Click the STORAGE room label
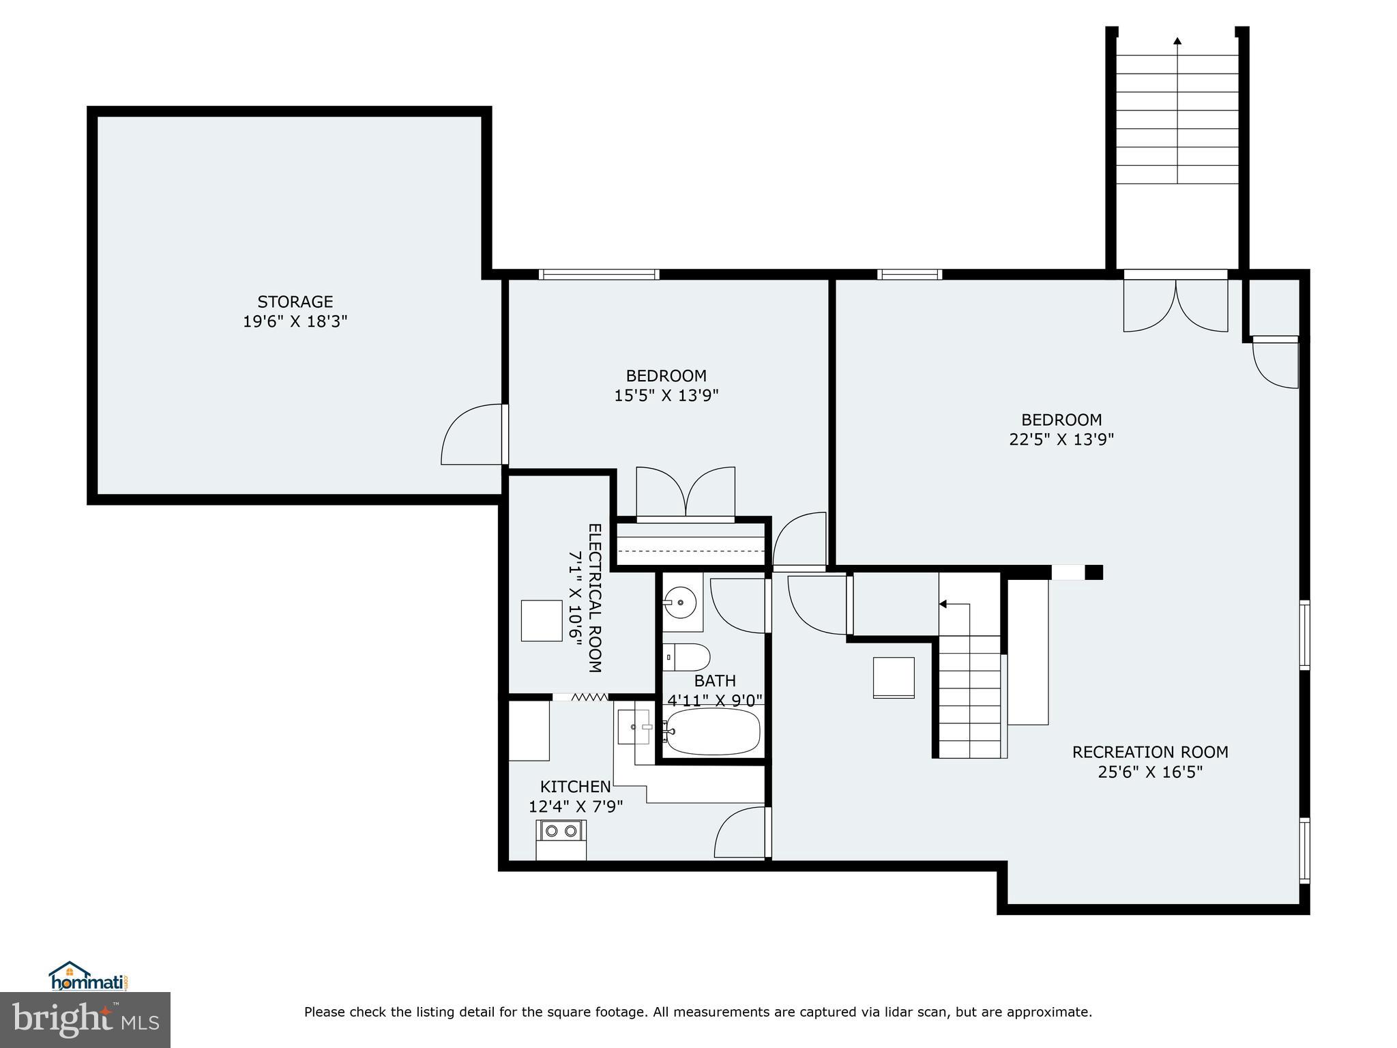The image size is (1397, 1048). (x=295, y=302)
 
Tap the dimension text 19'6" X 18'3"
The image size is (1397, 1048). (x=295, y=321)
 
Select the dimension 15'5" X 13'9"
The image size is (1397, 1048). (x=666, y=395)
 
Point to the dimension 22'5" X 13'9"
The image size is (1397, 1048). (x=1061, y=439)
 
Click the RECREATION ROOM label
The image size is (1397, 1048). (x=1150, y=752)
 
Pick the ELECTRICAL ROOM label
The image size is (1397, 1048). (x=594, y=598)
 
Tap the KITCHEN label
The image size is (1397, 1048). (x=575, y=787)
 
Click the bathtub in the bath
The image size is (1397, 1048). (x=712, y=731)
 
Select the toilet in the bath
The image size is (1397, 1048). (x=687, y=658)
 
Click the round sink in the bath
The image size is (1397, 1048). (x=680, y=602)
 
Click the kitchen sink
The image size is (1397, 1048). (x=633, y=727)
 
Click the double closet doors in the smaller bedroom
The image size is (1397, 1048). (x=686, y=493)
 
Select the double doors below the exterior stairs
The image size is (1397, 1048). (x=1175, y=304)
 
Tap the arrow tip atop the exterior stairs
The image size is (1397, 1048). (x=1177, y=40)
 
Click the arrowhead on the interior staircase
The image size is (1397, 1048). (x=943, y=604)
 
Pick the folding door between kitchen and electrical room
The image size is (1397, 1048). (x=589, y=697)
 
